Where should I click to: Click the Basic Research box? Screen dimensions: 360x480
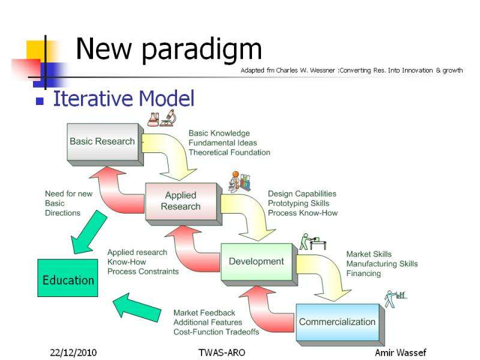(x=103, y=142)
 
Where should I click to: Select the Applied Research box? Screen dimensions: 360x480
(x=180, y=202)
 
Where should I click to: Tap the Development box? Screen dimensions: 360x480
(x=256, y=262)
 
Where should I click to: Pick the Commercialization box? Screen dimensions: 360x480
(x=337, y=322)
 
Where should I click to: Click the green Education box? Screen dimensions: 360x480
(x=68, y=280)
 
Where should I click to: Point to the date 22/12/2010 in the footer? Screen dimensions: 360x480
(x=73, y=352)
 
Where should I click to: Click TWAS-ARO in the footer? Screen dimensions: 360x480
(x=221, y=352)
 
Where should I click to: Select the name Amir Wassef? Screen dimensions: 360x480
(x=400, y=352)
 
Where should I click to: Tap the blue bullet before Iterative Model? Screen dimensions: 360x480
(x=40, y=101)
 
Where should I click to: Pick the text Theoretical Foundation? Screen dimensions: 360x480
(x=229, y=152)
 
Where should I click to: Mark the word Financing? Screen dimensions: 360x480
(x=363, y=274)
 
